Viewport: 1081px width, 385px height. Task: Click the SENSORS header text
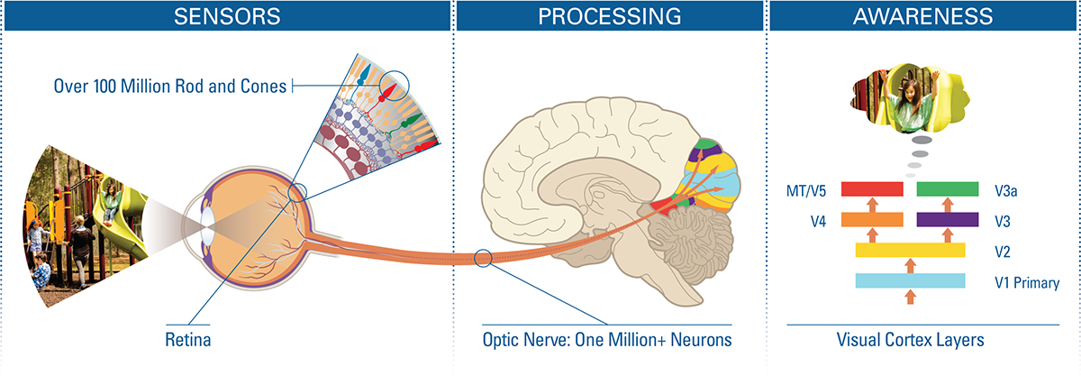coord(227,16)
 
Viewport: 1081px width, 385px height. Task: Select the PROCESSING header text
coord(610,16)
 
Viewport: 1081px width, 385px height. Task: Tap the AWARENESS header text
coord(922,16)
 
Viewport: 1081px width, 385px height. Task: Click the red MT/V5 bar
coord(872,188)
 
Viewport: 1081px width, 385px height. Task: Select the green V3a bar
coord(948,188)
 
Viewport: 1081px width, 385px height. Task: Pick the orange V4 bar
coord(872,219)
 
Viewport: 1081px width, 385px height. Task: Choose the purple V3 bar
coord(948,219)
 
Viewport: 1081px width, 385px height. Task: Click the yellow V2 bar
coord(910,250)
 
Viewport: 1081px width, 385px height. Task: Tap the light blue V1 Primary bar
coord(910,280)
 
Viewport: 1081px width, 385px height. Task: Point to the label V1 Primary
coord(1027,282)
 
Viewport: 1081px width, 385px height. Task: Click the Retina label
coord(187,340)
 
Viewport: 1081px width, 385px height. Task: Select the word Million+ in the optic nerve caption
coord(637,340)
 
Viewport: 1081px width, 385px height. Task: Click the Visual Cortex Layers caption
coord(910,340)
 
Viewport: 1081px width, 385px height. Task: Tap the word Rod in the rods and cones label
coord(188,86)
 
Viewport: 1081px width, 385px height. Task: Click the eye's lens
coord(208,226)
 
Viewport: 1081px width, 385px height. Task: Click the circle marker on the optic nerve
coord(483,258)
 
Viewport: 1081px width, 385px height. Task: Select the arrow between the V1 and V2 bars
coord(910,266)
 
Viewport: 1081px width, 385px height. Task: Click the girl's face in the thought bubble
coord(909,90)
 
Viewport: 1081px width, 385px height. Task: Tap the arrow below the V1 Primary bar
coord(910,297)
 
